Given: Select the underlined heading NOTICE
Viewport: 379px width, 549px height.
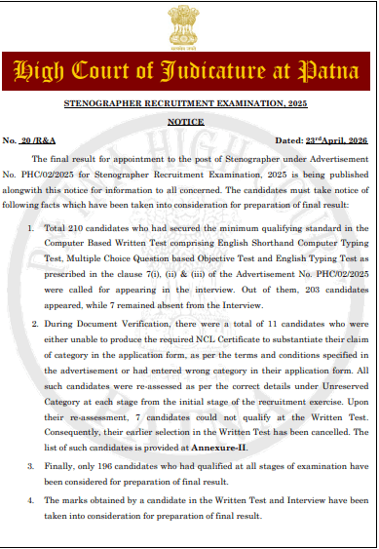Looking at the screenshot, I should pyautogui.click(x=188, y=123).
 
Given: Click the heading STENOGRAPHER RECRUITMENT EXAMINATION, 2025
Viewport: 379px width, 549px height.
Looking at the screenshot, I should pyautogui.click(x=188, y=102).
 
